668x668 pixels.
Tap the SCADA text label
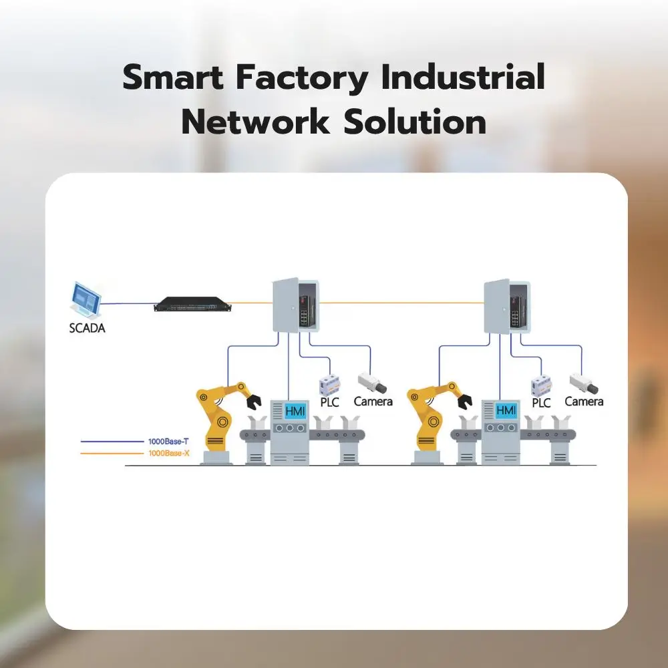(x=87, y=328)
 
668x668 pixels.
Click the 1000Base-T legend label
(x=167, y=442)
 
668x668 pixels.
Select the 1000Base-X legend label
(x=167, y=454)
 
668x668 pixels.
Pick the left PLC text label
(x=330, y=402)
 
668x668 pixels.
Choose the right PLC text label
(x=541, y=403)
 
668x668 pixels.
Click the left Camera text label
(x=373, y=401)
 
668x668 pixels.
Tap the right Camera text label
(x=584, y=401)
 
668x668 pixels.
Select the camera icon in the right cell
(x=582, y=383)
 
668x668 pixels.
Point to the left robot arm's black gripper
(x=253, y=401)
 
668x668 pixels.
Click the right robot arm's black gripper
(x=466, y=401)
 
